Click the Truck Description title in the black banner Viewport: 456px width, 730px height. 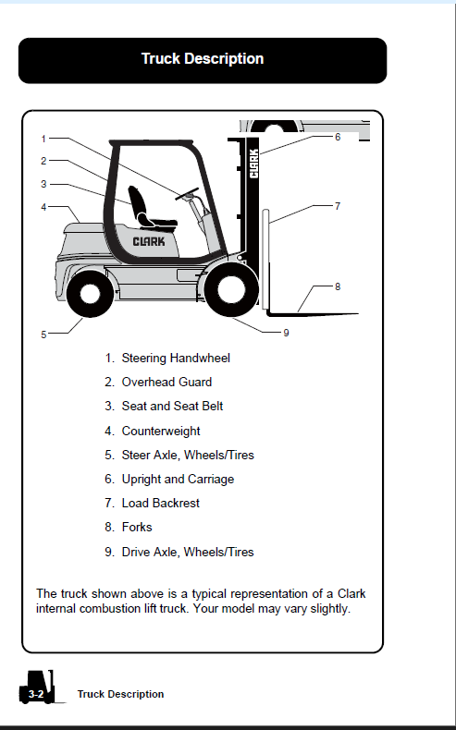tap(203, 58)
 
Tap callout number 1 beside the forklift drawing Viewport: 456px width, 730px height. tap(43, 139)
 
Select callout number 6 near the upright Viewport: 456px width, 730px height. tap(338, 137)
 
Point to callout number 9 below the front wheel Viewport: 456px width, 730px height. tap(286, 333)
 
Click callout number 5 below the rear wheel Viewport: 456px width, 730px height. tap(43, 335)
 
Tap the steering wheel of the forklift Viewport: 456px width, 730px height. tap(187, 194)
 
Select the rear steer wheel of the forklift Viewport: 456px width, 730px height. tap(90, 294)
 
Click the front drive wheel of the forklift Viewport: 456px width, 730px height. tap(231, 288)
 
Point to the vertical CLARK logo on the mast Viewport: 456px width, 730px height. tap(253, 164)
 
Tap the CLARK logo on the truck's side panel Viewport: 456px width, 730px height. tap(149, 241)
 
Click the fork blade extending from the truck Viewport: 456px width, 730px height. tap(313, 314)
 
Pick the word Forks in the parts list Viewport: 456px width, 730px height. tap(137, 527)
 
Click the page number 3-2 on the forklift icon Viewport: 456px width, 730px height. tap(36, 694)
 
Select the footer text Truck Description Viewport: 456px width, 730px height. tap(120, 694)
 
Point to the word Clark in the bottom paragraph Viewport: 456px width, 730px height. tap(351, 594)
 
